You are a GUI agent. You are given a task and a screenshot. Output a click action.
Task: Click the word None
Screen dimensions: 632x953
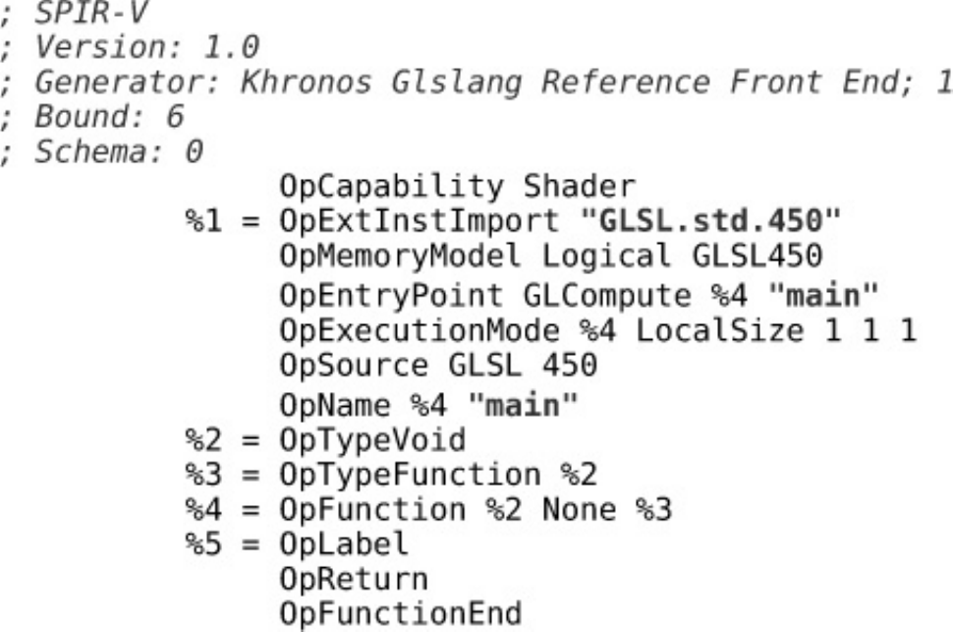pos(560,509)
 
